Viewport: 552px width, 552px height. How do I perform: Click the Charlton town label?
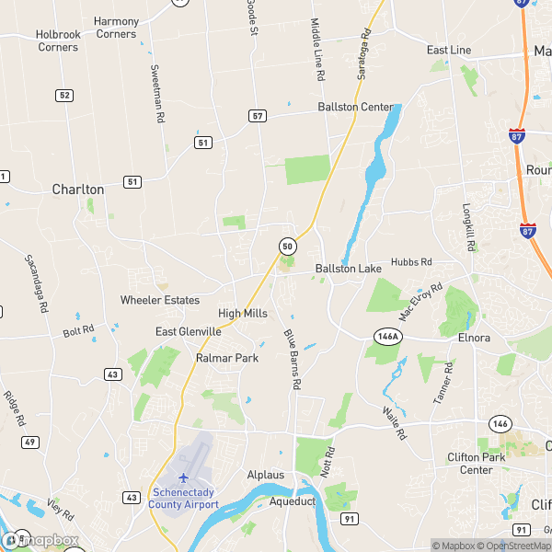(78, 189)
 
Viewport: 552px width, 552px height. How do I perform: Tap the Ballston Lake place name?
(348, 269)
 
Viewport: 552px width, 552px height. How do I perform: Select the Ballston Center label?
(354, 107)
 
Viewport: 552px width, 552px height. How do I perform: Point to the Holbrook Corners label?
(57, 40)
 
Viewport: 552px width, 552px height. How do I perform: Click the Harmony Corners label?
(116, 28)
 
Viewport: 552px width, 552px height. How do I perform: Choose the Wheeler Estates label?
(160, 300)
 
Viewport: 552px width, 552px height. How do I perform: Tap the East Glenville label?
(189, 331)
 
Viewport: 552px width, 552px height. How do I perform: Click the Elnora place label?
(475, 338)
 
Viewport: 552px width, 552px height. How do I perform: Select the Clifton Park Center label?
(464, 463)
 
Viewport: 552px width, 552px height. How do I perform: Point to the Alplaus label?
(267, 475)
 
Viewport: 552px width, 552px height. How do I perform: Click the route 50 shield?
(288, 247)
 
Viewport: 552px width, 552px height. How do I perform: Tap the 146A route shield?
(388, 337)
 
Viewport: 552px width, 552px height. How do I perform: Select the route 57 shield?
(257, 116)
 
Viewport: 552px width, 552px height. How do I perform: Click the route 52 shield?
(63, 95)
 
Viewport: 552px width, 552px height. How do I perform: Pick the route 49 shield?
(31, 443)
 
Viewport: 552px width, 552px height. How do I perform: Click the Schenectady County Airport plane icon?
(183, 477)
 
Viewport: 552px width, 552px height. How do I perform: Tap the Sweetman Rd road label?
(158, 95)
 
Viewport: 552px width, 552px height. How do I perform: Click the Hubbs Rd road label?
(411, 262)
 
